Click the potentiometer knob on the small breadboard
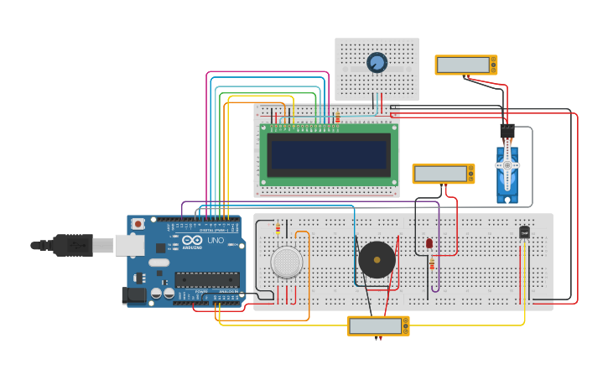(x=377, y=63)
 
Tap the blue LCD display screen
(x=329, y=154)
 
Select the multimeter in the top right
(x=465, y=65)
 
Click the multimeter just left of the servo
(x=443, y=174)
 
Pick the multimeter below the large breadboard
(x=378, y=325)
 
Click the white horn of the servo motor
(x=507, y=166)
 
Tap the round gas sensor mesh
(x=287, y=262)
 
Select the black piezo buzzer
(x=377, y=259)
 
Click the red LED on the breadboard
(x=429, y=243)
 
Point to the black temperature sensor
(x=524, y=232)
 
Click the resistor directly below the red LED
(x=432, y=264)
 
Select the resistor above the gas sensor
(x=278, y=226)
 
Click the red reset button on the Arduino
(x=138, y=224)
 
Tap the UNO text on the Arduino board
(x=215, y=241)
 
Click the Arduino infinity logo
(x=191, y=241)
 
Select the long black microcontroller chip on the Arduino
(x=205, y=279)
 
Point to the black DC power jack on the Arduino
(x=133, y=294)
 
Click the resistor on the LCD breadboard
(x=337, y=118)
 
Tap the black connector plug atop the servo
(x=507, y=132)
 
